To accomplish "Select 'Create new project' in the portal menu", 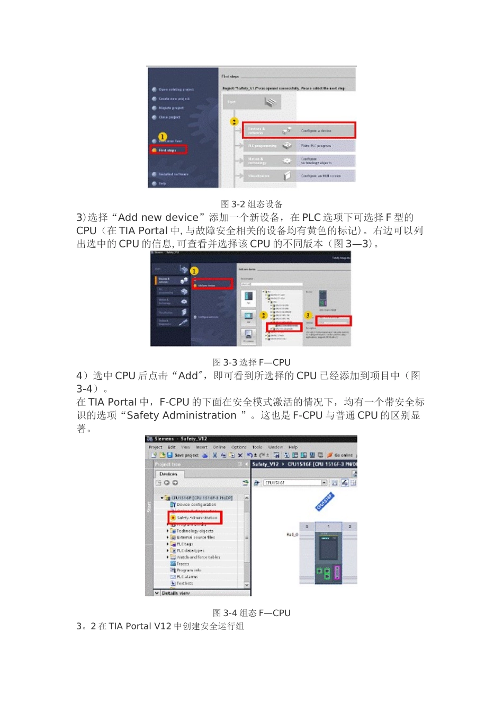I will click(x=174, y=99).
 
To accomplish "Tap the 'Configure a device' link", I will click(x=316, y=130).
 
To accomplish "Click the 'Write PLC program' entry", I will click(x=316, y=146).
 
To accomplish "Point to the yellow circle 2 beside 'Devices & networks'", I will click(x=234, y=122).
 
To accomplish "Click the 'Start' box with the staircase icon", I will click(x=252, y=102).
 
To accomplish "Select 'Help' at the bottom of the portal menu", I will click(x=162, y=183).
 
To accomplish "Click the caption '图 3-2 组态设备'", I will click(x=251, y=204).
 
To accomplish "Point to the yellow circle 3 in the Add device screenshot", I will click(x=308, y=315).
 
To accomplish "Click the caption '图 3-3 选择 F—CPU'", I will click(x=251, y=362).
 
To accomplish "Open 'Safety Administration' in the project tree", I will click(x=196, y=518).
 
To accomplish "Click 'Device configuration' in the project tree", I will click(x=196, y=505).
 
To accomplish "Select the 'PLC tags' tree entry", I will click(x=185, y=544).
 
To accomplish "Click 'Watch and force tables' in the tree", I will click(x=198, y=557).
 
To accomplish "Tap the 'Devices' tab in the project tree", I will click(x=168, y=474).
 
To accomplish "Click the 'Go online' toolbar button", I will click(x=343, y=455).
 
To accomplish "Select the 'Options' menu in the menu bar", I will click(x=239, y=447).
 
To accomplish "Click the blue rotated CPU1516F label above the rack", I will click(x=325, y=502).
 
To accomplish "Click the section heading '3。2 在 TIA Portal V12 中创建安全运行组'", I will click(x=160, y=626).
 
